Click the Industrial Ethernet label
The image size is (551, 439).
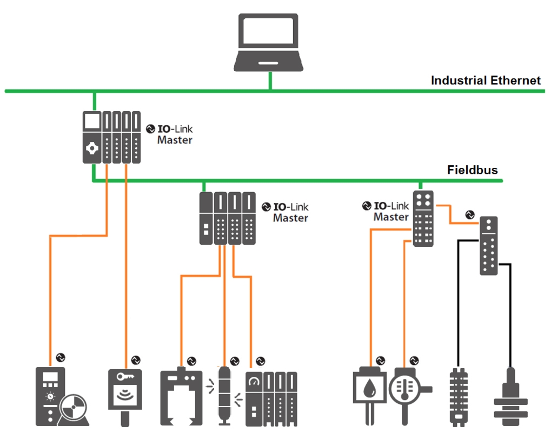point(485,81)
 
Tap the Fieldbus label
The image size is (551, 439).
point(472,170)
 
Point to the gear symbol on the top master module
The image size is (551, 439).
point(91,148)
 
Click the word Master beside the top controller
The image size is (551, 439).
point(174,140)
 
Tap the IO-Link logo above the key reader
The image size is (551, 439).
point(136,359)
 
